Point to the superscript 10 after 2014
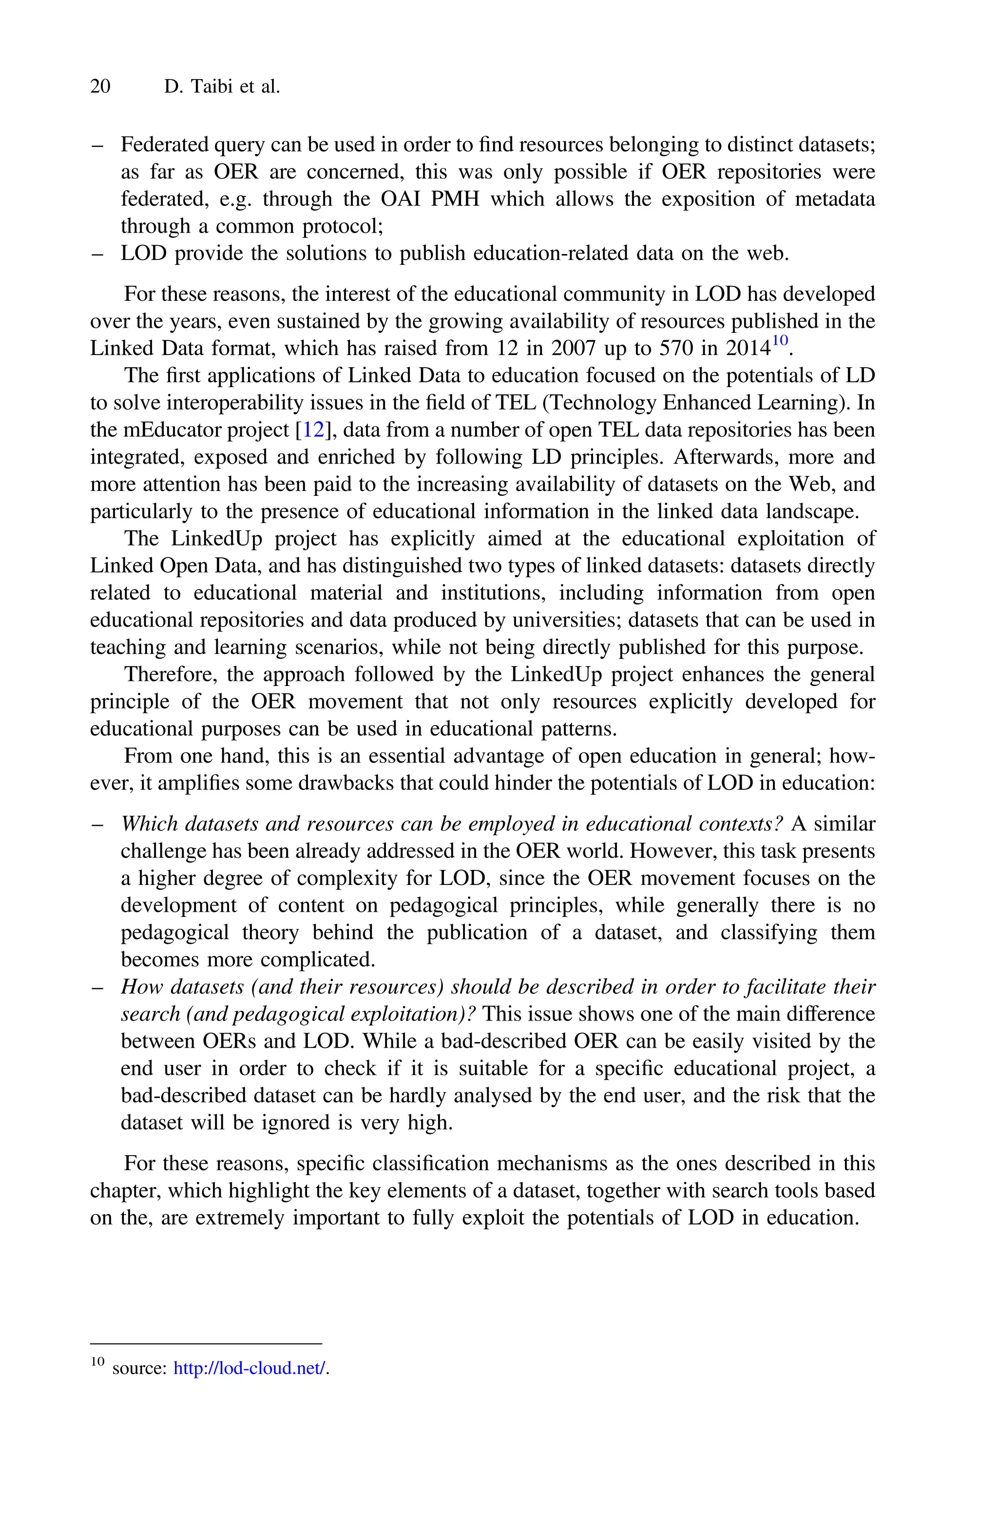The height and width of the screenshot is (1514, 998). (780, 341)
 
